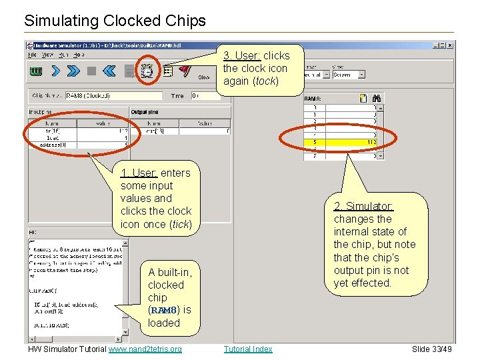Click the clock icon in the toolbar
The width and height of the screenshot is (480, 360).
[147, 71]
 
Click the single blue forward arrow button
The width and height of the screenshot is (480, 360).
[56, 71]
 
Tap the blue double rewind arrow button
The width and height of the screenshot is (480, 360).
[110, 71]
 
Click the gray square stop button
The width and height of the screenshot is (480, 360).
[92, 71]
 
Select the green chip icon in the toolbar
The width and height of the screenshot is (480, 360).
[36, 71]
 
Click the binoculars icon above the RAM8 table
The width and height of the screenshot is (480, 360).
[377, 97]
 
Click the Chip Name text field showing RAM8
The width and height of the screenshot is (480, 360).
[113, 95]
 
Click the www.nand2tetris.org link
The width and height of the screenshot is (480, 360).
[145, 349]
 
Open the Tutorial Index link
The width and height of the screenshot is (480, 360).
[248, 349]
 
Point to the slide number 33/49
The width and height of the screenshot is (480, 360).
[431, 349]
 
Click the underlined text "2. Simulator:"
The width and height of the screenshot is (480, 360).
[363, 206]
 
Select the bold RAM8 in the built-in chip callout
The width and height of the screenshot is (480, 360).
[163, 310]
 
